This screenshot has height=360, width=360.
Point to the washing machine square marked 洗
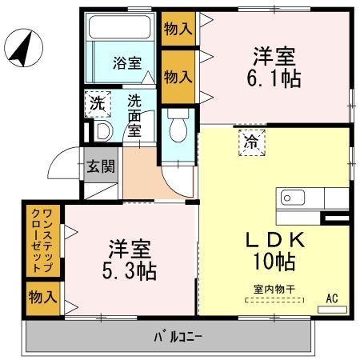(x=97, y=103)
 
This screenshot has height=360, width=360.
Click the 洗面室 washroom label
(x=137, y=114)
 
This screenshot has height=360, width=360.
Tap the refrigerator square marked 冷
(x=250, y=142)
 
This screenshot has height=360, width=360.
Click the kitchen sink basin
(x=289, y=197)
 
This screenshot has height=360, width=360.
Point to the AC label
(x=332, y=298)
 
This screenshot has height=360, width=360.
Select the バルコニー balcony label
(x=177, y=336)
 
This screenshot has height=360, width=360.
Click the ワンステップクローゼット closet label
(x=42, y=239)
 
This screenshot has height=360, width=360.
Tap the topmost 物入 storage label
(x=178, y=30)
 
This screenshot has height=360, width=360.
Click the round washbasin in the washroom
(x=102, y=130)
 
